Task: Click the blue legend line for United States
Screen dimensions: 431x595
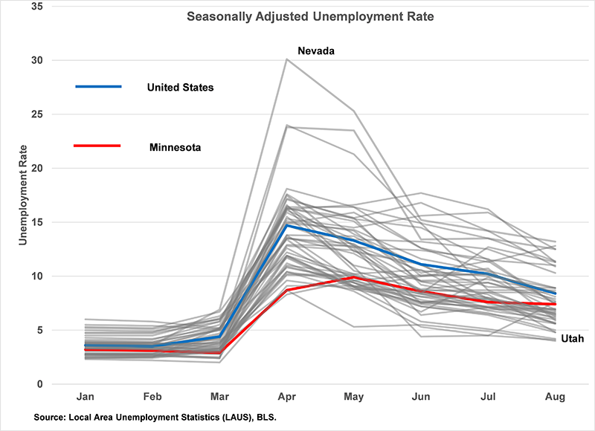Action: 98,87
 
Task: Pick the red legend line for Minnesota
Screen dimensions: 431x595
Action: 98,146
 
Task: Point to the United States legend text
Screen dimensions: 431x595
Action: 181,88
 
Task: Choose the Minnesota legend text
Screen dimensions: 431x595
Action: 175,147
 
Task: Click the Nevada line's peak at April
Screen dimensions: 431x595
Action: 287,59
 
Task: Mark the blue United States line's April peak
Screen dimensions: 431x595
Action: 287,225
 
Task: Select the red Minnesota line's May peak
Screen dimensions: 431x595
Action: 355,277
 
